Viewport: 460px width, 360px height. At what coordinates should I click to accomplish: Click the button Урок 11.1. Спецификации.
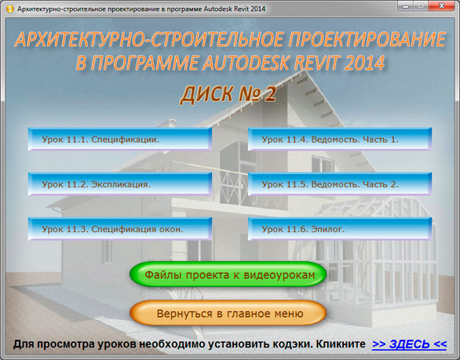pos(120,139)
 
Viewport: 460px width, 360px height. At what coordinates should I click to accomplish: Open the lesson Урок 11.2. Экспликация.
pos(120,184)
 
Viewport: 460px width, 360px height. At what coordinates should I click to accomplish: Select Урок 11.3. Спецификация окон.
pos(120,229)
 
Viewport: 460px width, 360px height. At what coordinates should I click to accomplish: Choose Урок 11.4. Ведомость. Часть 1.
pos(340,139)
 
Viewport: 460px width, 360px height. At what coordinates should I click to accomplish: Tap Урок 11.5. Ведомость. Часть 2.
pos(340,184)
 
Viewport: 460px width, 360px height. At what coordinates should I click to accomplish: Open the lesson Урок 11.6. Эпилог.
pos(340,229)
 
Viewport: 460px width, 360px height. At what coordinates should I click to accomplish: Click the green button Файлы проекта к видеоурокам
pos(228,275)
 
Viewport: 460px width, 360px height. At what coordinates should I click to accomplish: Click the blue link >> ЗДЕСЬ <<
pos(409,344)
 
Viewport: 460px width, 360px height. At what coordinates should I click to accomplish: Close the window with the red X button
pos(441,5)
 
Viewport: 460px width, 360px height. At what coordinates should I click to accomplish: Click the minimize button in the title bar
pos(406,5)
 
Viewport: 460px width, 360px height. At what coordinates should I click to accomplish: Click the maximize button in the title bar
pos(421,5)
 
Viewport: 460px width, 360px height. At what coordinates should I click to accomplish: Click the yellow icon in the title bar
pos(10,9)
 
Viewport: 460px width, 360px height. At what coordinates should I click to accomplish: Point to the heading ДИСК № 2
pos(228,94)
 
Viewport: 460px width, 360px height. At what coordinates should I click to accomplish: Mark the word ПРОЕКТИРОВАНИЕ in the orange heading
pos(367,39)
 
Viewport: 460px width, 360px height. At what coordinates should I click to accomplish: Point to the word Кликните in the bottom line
pos(341,344)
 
